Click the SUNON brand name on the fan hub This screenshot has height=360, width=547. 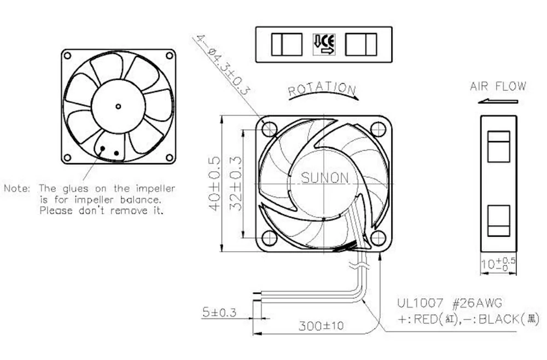(325, 178)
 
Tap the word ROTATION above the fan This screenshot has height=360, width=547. (322, 89)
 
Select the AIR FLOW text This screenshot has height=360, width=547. (498, 86)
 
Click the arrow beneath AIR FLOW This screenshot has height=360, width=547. (498, 102)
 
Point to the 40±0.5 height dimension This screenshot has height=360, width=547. (215, 183)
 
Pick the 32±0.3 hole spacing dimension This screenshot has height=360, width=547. (236, 183)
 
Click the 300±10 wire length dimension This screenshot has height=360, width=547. (321, 326)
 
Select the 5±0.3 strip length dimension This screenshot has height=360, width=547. (219, 312)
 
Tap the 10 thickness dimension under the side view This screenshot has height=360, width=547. (498, 264)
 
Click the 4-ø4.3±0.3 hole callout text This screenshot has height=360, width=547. (223, 65)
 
